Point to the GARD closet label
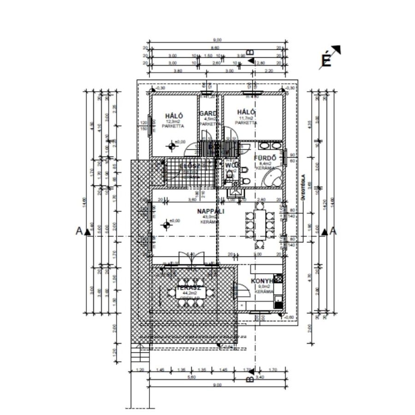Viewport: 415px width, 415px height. click(207, 113)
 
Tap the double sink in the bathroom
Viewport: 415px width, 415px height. click(266, 146)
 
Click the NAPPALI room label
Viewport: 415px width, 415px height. click(210, 212)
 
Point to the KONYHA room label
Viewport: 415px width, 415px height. click(264, 280)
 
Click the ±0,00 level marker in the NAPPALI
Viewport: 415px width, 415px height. click(167, 225)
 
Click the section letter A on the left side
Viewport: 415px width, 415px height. click(78, 231)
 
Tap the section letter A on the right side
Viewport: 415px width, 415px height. click(334, 231)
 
